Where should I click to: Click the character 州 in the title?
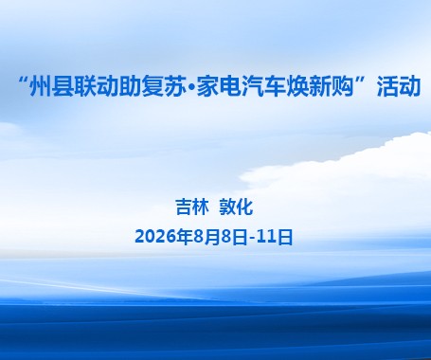coord(41,86)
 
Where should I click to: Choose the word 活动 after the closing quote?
coord(399,86)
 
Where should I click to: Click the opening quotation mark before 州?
coord(23,80)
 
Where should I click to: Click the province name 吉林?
coord(192,207)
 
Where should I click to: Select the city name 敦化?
coord(236,207)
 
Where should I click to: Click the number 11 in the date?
coord(267,237)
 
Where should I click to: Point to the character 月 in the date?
coord(211,237)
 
